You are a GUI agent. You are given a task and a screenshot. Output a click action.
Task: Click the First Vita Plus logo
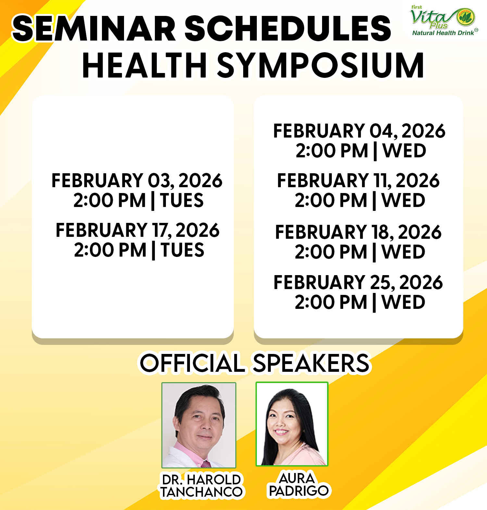pos(443,20)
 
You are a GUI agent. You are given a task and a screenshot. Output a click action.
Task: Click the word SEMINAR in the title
pos(94,29)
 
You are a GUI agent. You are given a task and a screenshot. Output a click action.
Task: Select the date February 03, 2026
pos(137,181)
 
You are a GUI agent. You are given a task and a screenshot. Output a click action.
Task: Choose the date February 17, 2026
pos(137,230)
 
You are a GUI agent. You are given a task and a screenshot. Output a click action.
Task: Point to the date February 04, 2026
pos(359,131)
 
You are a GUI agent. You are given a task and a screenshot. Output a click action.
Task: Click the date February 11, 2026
pos(358,181)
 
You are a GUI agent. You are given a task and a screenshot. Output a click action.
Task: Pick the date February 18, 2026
pos(358,232)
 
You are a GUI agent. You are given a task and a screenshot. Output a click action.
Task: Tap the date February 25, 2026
pos(358,282)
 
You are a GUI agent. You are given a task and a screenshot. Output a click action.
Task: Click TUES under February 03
pos(182,200)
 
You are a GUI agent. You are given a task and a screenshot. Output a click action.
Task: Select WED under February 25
pos(404,302)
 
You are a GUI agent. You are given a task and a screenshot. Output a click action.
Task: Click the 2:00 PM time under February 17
pos(110,250)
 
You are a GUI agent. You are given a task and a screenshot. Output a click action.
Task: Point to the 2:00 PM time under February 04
pos(332,151)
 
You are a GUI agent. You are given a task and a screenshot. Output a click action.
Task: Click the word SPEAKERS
pos(311,363)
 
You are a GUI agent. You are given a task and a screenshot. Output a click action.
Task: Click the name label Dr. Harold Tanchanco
pos(202,486)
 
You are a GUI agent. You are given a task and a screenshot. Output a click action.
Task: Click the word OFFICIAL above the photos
pos(192,363)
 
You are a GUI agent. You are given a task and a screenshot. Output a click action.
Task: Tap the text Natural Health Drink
pos(443,33)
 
